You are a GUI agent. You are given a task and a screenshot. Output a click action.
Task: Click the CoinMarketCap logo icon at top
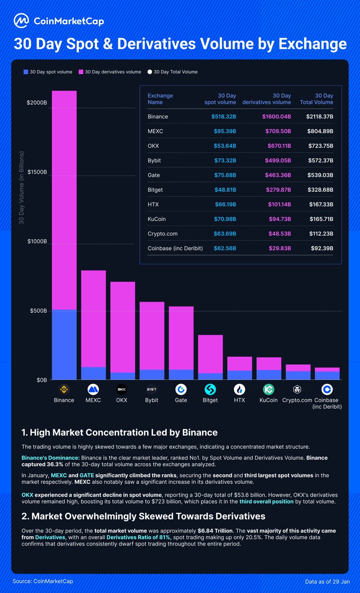coord(21,20)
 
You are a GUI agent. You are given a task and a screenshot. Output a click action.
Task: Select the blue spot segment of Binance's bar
coord(64,344)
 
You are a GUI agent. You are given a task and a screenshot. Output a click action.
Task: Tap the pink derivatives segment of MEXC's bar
coord(93,319)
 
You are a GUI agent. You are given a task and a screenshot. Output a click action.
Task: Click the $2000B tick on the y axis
coord(37,103)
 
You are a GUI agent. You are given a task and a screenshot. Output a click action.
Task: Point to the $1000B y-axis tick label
coord(37,242)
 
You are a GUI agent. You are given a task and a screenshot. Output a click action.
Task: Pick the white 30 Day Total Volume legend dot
coord(150,72)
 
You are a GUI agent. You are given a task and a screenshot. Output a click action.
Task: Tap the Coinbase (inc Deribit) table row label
coord(175,248)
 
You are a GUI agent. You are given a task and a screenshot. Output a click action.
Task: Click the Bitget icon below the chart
coord(210,389)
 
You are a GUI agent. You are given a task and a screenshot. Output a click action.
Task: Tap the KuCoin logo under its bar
coord(268,389)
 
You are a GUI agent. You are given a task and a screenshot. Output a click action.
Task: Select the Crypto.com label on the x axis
coord(297,400)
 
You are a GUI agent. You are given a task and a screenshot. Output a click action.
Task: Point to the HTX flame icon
coord(240,389)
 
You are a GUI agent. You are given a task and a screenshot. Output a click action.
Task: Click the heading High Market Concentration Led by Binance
coord(120,433)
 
